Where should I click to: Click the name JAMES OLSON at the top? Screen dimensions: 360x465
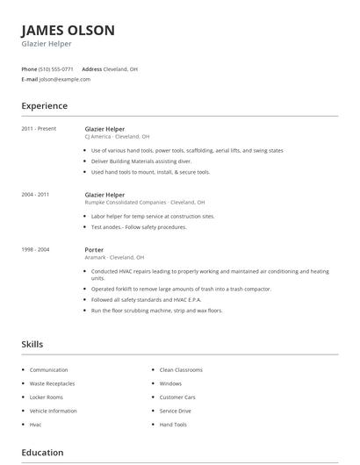click(x=68, y=31)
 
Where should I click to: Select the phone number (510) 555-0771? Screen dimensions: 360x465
click(x=56, y=68)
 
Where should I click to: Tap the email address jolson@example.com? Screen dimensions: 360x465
click(x=65, y=79)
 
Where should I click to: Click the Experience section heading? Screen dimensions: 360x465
click(x=44, y=106)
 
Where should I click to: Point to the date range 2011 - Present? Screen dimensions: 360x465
click(x=39, y=129)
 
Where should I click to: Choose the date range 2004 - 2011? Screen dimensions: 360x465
click(x=35, y=194)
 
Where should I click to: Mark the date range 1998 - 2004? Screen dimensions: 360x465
click(x=35, y=250)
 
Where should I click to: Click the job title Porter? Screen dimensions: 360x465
click(x=94, y=250)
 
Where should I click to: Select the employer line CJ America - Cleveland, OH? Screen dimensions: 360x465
click(x=117, y=137)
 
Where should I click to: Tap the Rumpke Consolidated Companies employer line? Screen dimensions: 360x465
click(x=144, y=202)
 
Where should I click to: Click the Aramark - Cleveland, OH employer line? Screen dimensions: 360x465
click(x=115, y=258)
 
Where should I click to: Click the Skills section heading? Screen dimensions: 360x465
click(x=32, y=345)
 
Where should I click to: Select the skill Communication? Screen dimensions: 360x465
click(x=48, y=370)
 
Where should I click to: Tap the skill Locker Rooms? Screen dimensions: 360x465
click(x=47, y=397)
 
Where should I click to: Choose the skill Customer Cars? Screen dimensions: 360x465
click(x=178, y=397)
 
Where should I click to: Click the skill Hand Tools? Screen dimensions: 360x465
click(x=173, y=425)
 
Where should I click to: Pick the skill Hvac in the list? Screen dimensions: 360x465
click(x=36, y=425)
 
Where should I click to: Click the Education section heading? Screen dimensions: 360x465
click(x=42, y=453)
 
